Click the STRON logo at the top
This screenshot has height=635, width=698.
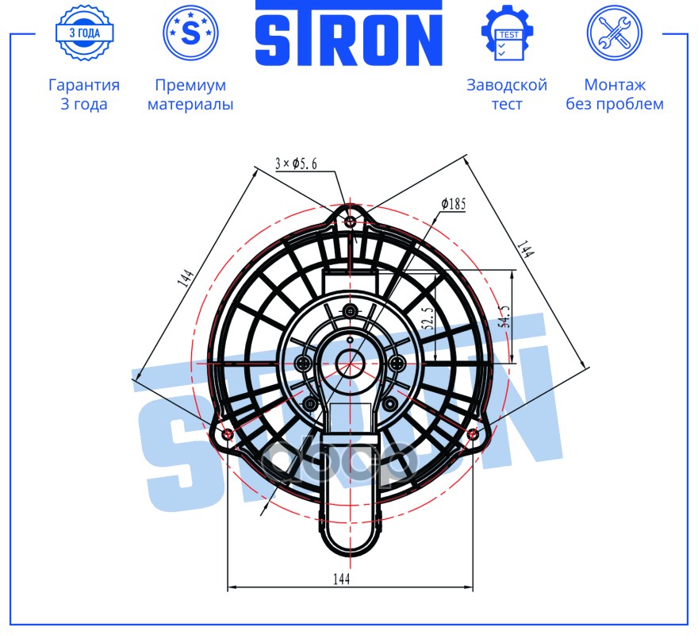[348, 33]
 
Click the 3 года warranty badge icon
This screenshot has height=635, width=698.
[84, 33]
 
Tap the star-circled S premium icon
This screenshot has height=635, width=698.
[190, 33]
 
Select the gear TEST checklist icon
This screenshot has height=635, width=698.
[507, 33]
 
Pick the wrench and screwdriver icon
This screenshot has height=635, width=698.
[614, 33]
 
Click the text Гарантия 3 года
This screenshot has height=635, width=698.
[84, 94]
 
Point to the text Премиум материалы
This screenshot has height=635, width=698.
[190, 94]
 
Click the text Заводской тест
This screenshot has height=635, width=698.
[507, 94]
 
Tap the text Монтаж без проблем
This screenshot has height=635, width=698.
[614, 94]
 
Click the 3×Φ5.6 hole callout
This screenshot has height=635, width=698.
[296, 164]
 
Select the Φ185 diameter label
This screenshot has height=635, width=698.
[454, 204]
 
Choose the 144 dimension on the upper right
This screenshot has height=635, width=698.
[524, 248]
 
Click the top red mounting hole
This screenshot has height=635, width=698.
[351, 221]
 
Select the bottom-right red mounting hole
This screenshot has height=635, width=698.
[473, 433]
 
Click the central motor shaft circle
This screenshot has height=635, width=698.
[349, 364]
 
